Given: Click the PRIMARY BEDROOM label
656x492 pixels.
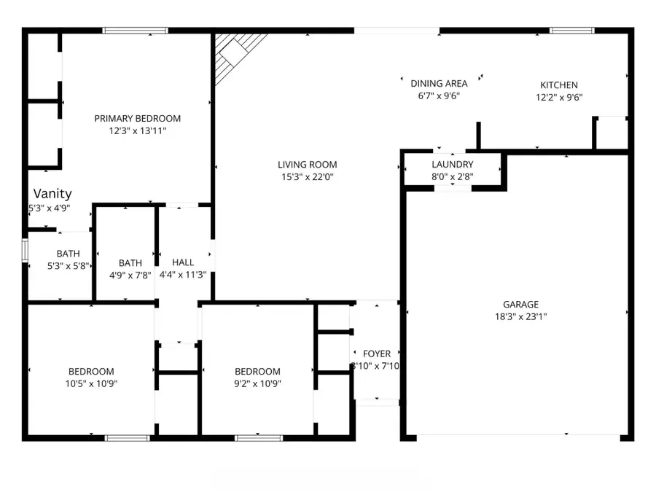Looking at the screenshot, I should [137, 118].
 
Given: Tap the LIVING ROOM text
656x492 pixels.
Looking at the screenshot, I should [307, 165].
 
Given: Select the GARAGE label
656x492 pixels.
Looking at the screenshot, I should [520, 305].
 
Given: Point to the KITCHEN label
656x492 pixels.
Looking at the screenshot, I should [558, 85].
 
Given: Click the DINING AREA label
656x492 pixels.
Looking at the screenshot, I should [439, 83].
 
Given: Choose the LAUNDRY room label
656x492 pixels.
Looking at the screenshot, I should [452, 165].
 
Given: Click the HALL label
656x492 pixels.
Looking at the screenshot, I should [183, 262].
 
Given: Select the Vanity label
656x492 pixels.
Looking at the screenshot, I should [52, 194].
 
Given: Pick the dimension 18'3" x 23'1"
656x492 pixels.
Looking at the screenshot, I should [520, 316].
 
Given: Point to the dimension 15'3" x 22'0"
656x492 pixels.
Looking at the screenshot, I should [307, 176].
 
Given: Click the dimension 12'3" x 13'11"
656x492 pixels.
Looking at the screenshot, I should [137, 131].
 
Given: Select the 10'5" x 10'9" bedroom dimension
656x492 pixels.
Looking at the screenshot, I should [91, 383].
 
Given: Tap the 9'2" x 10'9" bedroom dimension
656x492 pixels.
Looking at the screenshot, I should [257, 383].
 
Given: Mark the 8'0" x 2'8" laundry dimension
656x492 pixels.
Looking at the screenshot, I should [452, 176].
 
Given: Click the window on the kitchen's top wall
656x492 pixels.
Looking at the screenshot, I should [571, 31].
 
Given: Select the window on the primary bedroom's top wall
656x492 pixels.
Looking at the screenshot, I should [135, 31].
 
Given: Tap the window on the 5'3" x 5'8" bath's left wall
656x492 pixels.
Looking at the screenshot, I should [25, 249].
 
